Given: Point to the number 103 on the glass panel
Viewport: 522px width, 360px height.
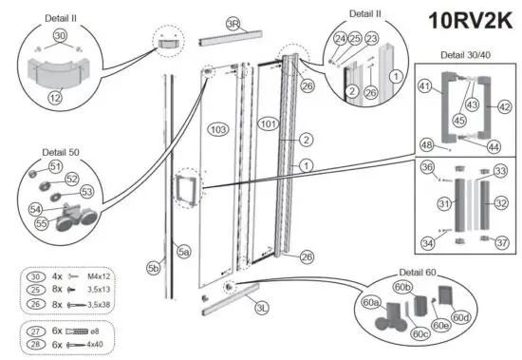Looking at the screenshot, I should tap(218, 127).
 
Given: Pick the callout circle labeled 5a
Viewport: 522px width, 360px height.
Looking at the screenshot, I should tap(183, 252).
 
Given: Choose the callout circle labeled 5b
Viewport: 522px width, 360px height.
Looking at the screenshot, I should tap(153, 269).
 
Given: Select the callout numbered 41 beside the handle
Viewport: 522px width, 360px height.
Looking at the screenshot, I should tap(423, 86).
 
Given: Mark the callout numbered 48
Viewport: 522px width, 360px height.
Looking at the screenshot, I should tap(427, 144).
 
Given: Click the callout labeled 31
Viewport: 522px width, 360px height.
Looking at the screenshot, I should tap(443, 204).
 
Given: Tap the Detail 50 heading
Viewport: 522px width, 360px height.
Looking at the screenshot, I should tap(62, 152).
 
